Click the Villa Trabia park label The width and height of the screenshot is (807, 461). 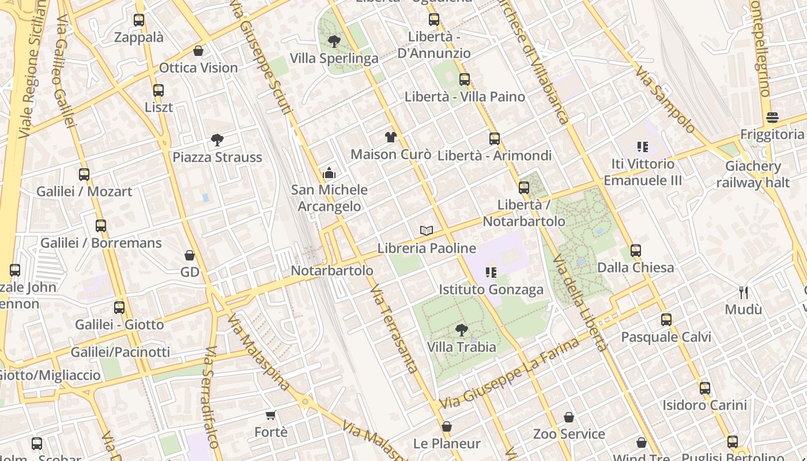tap(462, 347)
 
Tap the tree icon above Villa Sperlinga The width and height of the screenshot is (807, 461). tap(334, 41)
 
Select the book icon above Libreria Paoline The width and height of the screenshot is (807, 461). tap(427, 231)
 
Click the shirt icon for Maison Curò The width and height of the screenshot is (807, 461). tap(391, 137)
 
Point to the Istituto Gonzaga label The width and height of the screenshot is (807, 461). tap(491, 289)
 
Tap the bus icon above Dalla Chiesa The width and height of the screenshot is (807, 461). tap(636, 251)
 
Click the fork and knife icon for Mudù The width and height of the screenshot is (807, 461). tap(744, 293)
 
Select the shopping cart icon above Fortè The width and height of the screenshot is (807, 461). tap(271, 415)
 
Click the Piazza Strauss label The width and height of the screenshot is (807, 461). tap(217, 157)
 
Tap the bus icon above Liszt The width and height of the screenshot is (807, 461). tap(159, 90)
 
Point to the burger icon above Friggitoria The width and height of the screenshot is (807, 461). tap(772, 118)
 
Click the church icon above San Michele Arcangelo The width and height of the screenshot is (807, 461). tap(329, 172)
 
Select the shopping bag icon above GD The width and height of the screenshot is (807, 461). tap(190, 255)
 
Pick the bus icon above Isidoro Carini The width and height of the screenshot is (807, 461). tap(704, 388)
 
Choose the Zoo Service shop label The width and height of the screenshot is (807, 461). tap(569, 433)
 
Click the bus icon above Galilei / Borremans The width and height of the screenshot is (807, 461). tap(101, 225)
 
